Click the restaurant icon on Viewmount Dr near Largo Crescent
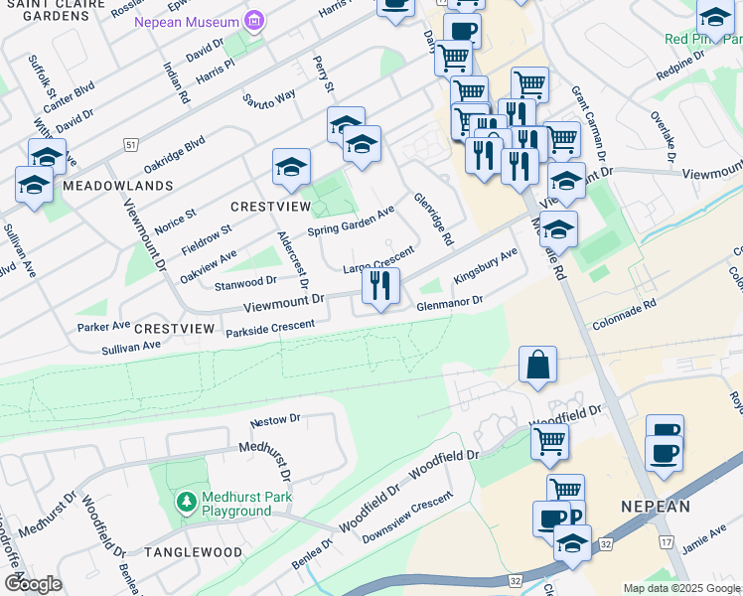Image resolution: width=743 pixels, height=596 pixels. [x=380, y=286]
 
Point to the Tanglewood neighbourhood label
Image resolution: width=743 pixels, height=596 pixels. [x=193, y=551]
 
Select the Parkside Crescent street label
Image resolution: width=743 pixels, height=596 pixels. [x=270, y=327]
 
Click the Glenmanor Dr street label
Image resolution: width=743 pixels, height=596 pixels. [x=449, y=302]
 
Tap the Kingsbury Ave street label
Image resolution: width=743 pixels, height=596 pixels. [x=486, y=265]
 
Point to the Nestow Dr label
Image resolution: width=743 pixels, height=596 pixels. [x=275, y=420]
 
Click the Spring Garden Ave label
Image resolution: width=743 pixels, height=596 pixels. [x=351, y=221]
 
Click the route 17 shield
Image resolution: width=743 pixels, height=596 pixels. [x=665, y=541]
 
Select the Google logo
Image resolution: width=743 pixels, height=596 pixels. [x=32, y=583]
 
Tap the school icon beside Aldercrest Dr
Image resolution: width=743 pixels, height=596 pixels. [x=291, y=167]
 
